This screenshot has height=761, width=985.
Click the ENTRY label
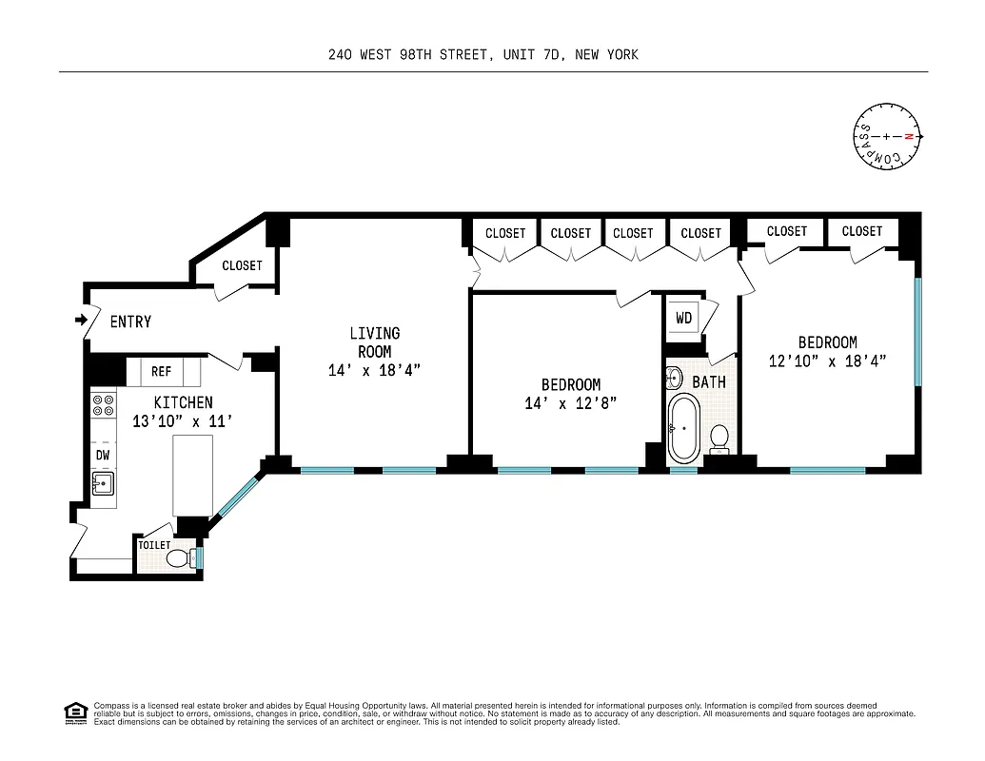point(130,322)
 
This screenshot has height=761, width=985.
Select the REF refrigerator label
point(161,372)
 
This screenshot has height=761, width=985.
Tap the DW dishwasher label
point(103,455)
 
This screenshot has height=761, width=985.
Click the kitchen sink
point(103,484)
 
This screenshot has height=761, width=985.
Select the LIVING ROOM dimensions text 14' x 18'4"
point(374,370)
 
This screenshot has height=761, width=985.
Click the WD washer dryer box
point(684,318)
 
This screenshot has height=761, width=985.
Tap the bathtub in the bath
point(684,430)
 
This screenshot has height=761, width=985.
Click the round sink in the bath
point(674,378)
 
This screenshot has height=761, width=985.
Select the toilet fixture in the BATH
point(720,438)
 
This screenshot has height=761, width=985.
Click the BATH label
point(709,381)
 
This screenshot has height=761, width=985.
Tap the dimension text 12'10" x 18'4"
point(827,361)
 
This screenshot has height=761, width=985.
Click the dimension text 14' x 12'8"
point(570,402)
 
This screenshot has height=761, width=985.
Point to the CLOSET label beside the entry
point(242,265)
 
